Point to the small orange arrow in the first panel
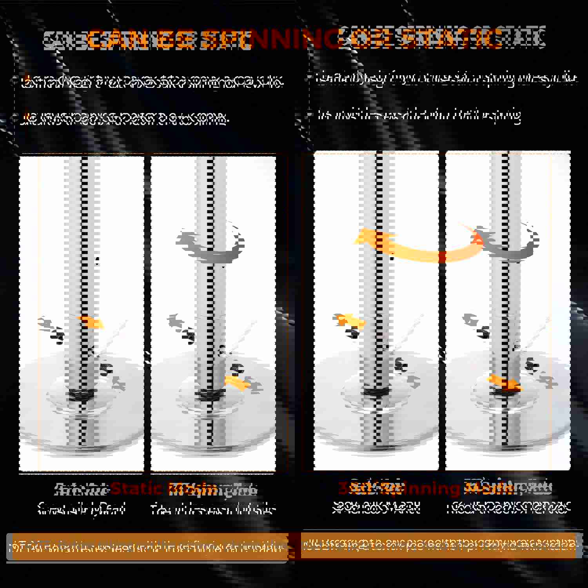tap(92, 322)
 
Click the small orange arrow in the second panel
tap(238, 383)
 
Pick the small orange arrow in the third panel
tap(351, 320)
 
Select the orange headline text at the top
tap(294, 39)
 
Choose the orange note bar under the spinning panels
tap(439, 544)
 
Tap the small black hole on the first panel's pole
tap(97, 259)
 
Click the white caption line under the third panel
tap(376, 508)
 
